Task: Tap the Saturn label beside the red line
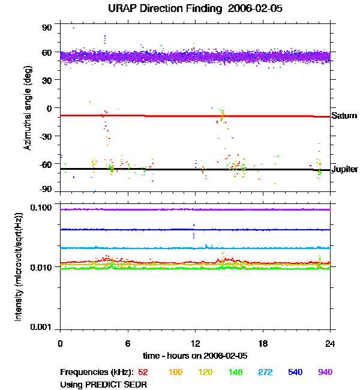(x=343, y=116)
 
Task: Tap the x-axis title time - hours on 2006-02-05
(x=196, y=355)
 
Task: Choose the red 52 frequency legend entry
(x=143, y=372)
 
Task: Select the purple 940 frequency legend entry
(x=325, y=372)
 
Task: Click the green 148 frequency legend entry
(x=235, y=372)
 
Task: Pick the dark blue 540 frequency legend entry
(x=295, y=372)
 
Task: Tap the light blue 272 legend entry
(x=265, y=372)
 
